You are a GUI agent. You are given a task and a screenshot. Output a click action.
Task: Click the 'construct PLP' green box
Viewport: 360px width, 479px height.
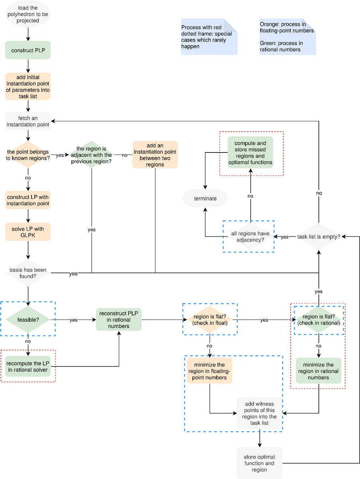[28, 50]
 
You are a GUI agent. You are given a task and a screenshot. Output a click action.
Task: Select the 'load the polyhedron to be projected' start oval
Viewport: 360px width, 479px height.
[28, 14]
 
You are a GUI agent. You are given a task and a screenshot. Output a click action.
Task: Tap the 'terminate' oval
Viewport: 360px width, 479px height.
[205, 198]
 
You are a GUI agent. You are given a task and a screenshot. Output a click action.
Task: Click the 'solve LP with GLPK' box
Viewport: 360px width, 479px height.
[28, 232]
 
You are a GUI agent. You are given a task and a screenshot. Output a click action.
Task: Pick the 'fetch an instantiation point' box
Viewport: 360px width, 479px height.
[28, 121]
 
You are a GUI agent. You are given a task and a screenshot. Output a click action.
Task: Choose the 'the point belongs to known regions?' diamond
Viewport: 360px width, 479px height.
[28, 155]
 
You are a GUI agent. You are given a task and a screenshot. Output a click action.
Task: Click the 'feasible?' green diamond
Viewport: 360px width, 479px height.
[28, 320]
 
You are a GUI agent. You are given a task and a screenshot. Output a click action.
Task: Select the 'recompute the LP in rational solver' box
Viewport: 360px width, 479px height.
[28, 366]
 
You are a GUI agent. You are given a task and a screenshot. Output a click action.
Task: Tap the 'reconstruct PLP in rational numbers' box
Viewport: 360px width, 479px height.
[119, 320]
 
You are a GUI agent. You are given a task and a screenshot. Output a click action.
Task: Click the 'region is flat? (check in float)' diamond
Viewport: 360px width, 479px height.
[210, 320]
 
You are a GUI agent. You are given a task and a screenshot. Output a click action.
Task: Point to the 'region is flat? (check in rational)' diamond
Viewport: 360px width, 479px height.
[318, 320]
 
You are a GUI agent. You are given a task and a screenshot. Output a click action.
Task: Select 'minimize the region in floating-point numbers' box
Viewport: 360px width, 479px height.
[210, 371]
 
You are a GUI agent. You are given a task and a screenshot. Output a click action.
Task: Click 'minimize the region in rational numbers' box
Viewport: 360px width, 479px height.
[318, 371]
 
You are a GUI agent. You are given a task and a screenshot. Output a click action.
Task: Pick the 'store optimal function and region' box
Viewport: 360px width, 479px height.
[259, 463]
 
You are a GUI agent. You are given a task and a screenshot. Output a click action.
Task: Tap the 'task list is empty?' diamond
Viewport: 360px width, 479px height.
[318, 237]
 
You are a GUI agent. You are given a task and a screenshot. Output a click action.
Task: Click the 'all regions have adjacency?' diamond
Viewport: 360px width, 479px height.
[250, 237]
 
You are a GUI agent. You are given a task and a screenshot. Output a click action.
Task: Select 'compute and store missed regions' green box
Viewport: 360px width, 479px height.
[250, 152]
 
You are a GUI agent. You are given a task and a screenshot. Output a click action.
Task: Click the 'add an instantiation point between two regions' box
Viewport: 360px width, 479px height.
[155, 155]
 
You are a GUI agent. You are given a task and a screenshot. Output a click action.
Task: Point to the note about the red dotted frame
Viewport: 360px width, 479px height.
[209, 37]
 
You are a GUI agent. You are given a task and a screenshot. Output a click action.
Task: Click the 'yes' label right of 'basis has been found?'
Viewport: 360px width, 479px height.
[73, 274]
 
